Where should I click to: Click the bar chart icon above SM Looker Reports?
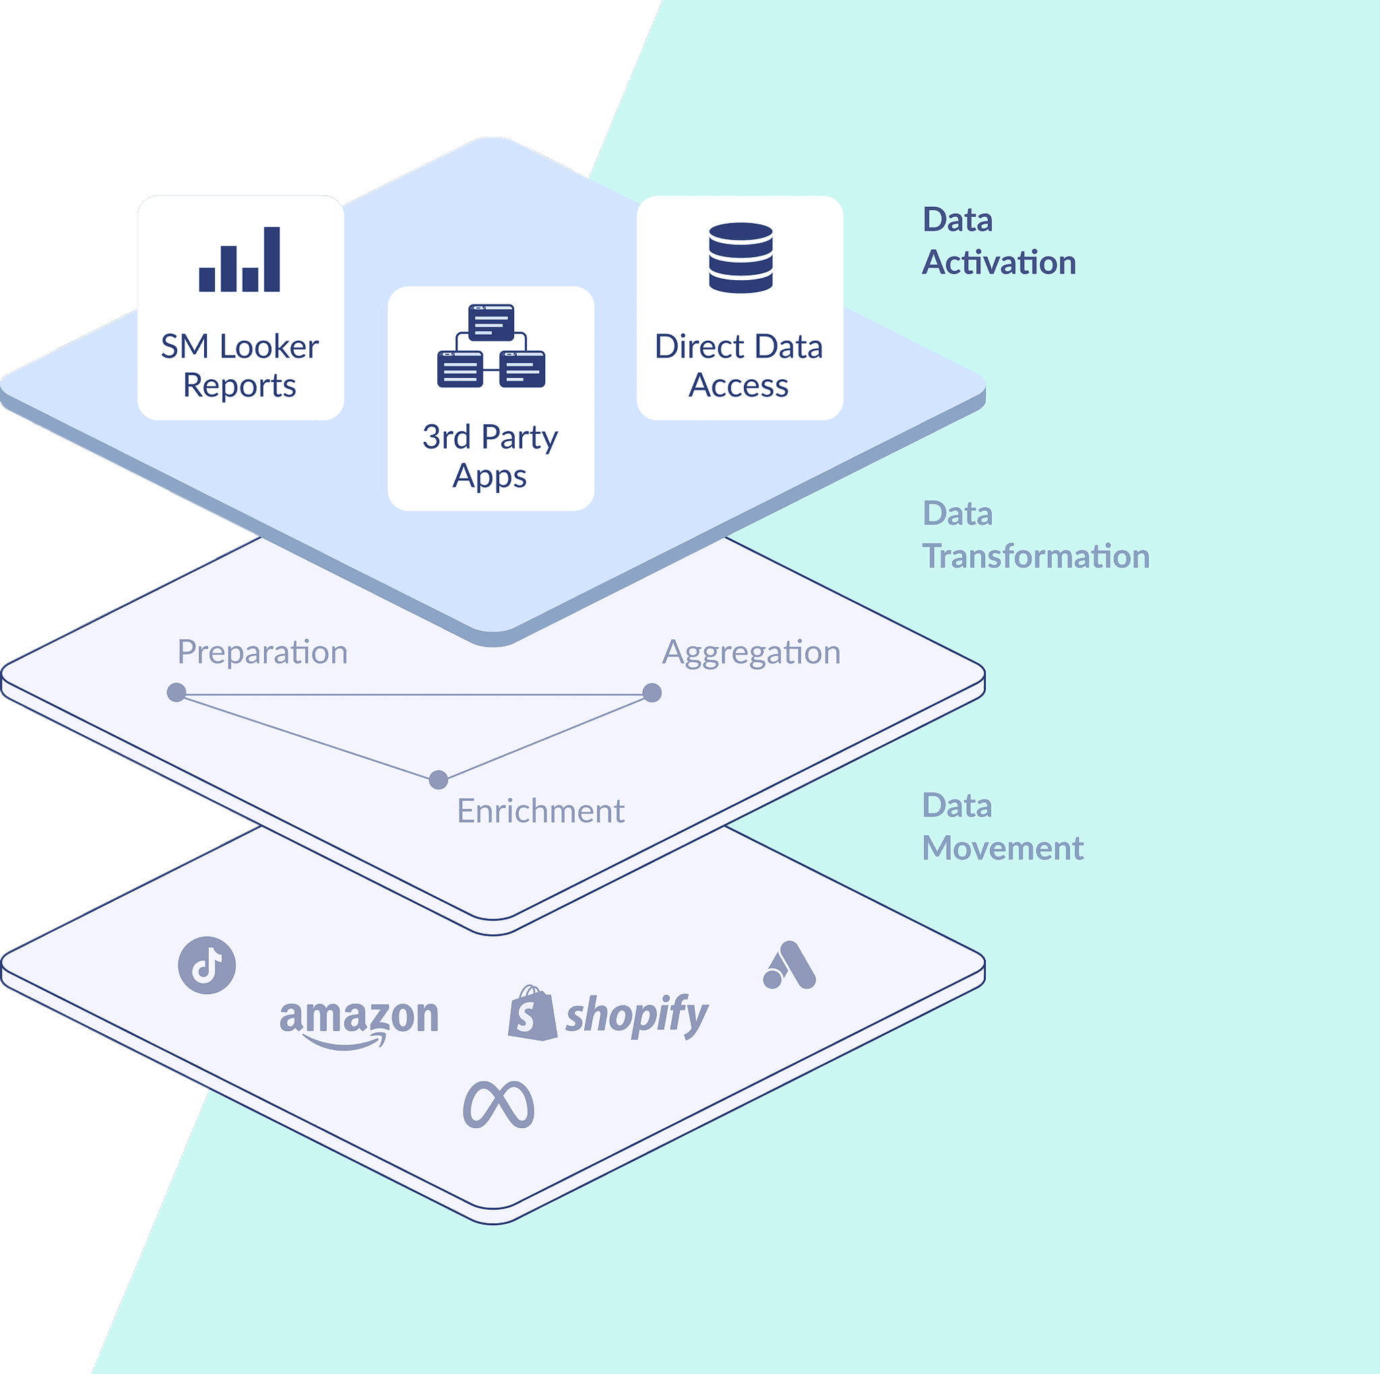239,259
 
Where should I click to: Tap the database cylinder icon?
741,258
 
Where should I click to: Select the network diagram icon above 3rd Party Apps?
491,346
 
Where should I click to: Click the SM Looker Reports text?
239,366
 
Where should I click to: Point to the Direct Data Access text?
739,366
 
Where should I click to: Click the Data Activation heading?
998,241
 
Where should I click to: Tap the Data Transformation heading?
1035,535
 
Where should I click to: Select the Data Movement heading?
1002,827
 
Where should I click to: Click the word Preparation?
262,653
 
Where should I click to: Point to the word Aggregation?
751,653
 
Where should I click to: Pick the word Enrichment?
540,811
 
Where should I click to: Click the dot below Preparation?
177,692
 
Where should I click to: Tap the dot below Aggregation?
652,692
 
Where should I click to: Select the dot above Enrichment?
439,780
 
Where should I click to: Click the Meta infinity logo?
499,1105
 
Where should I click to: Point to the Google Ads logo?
789,966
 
